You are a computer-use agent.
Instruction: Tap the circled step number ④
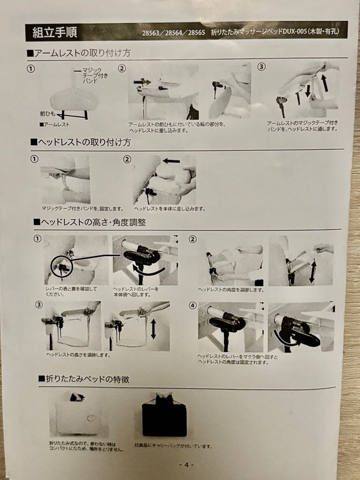click(192, 305)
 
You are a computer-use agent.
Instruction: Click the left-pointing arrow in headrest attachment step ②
click(170, 161)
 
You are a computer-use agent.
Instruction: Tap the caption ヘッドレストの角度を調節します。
click(231, 289)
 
